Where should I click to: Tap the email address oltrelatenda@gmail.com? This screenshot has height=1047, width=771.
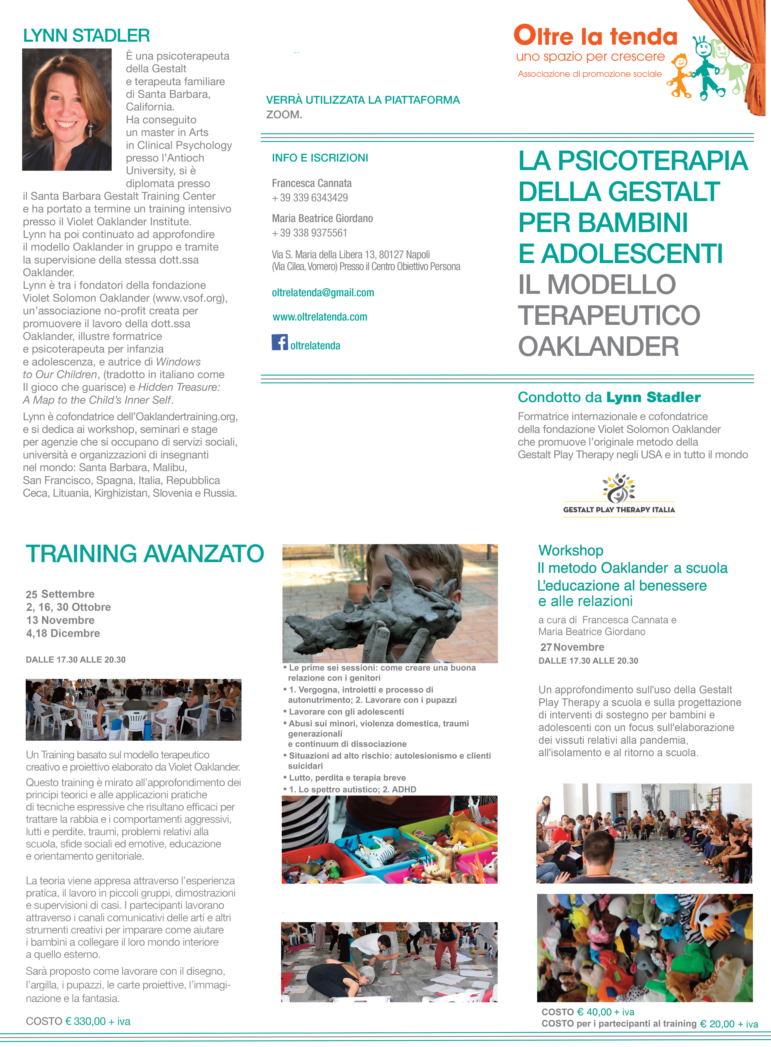point(323,293)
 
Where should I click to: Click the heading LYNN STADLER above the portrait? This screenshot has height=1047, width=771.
point(86,35)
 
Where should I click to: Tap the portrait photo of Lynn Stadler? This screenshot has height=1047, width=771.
point(67,109)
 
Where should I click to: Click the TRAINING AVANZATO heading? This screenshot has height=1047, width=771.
point(145,553)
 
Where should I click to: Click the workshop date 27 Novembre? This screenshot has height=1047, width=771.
point(572,647)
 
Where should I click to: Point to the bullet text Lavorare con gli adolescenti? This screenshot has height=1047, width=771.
point(346,711)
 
